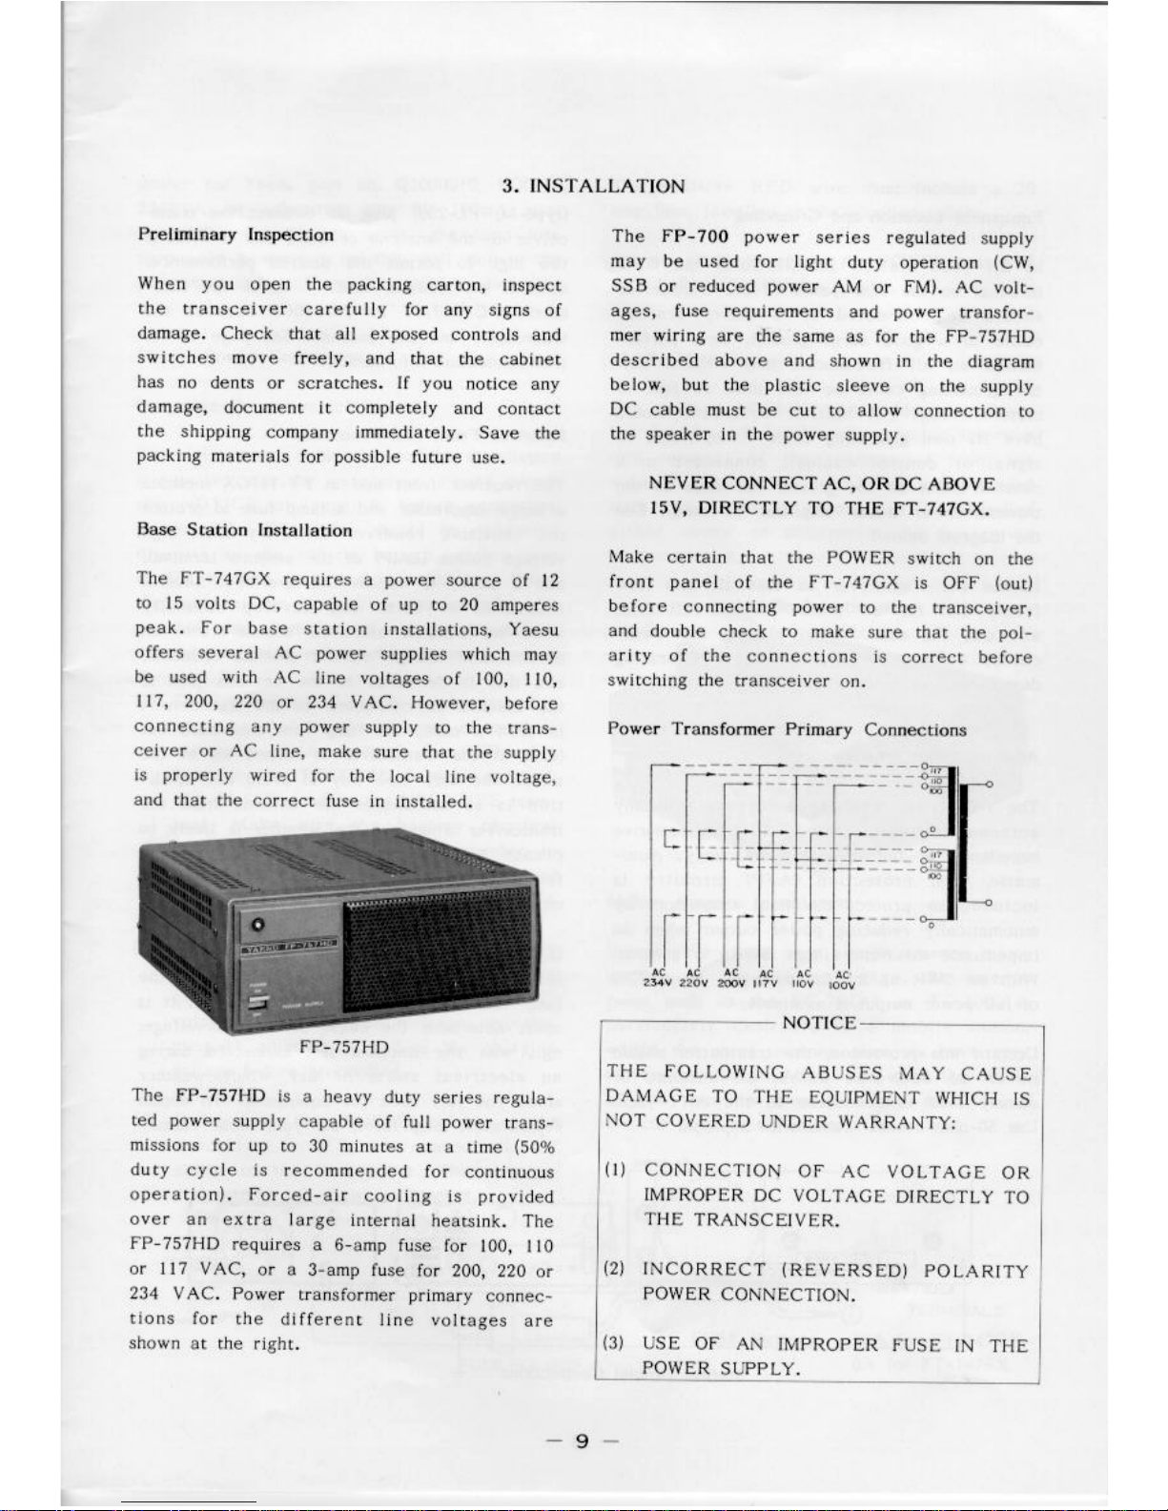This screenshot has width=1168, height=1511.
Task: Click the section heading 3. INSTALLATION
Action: pyautogui.click(x=593, y=186)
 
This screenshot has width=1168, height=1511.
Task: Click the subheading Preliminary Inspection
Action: pyautogui.click(x=236, y=235)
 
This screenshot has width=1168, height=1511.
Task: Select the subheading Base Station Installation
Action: pyautogui.click(x=244, y=529)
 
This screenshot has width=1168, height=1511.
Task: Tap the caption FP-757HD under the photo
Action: pyautogui.click(x=343, y=1047)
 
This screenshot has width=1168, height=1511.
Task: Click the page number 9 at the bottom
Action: pyautogui.click(x=582, y=1440)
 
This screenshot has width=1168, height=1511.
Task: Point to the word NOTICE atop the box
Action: pyautogui.click(x=819, y=1023)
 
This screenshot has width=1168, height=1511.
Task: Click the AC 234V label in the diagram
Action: pyautogui.click(x=658, y=978)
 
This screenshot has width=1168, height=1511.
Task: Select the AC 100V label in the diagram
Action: pyautogui.click(x=842, y=980)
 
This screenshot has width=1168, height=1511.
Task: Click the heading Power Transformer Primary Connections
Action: pyautogui.click(x=787, y=729)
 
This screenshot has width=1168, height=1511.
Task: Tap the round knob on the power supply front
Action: pyautogui.click(x=258, y=924)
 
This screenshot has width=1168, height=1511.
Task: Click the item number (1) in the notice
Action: pyautogui.click(x=615, y=1171)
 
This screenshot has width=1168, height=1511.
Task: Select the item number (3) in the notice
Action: pyautogui.click(x=615, y=1343)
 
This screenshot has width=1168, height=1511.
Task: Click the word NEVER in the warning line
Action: pyautogui.click(x=684, y=483)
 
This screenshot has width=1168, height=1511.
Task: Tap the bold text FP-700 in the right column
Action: pyautogui.click(x=696, y=236)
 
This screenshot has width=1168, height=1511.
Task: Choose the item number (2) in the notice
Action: pyautogui.click(x=615, y=1270)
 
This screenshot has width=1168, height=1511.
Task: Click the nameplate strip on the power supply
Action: pyautogui.click(x=289, y=947)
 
